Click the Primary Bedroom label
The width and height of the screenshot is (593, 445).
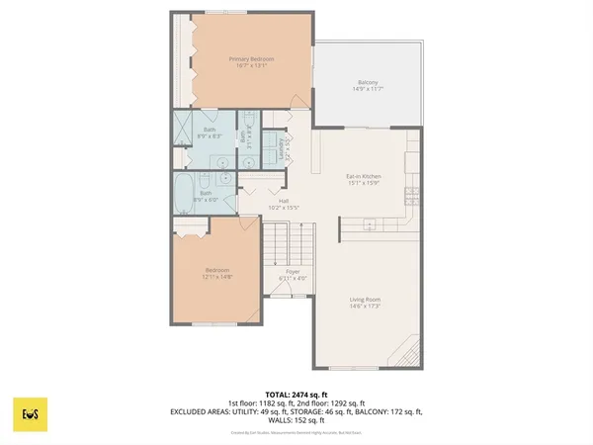(251, 59)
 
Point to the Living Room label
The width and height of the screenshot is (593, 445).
(365, 299)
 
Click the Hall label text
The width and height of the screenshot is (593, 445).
(284, 203)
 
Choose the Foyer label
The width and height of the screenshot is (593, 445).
(293, 270)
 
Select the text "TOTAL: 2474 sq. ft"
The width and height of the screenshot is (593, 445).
(296, 395)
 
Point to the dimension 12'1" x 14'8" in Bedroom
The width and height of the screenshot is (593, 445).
(216, 277)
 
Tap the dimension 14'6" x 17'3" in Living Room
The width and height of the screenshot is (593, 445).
(365, 306)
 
